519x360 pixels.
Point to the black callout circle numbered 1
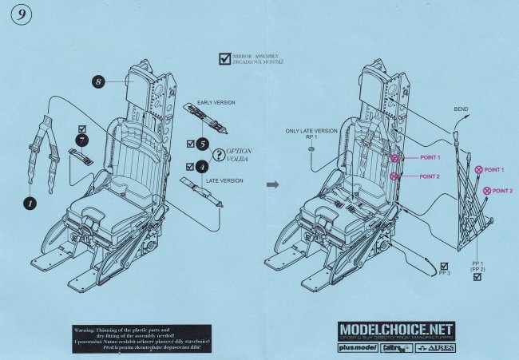coord(30,204)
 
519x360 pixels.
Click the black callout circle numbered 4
coord(202,167)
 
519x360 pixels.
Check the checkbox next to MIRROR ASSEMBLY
coord(224,58)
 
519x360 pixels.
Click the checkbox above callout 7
coord(81,129)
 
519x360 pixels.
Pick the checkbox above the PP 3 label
coord(444,266)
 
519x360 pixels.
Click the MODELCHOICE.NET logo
coord(397,330)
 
